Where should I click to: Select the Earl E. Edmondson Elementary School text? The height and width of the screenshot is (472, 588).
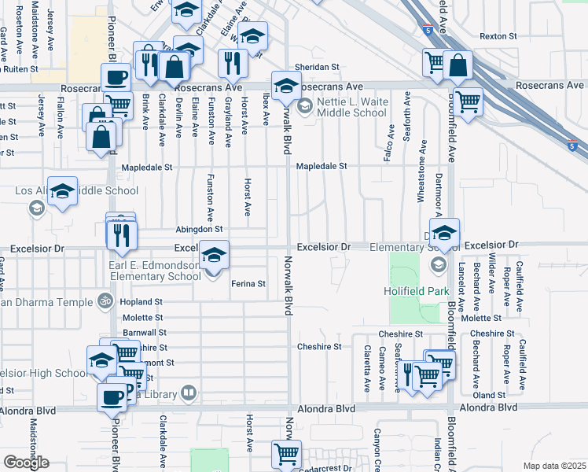[155, 271]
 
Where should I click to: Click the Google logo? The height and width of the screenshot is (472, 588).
[25, 463]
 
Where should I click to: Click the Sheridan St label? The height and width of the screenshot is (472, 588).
[317, 68]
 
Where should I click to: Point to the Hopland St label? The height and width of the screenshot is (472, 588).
[141, 301]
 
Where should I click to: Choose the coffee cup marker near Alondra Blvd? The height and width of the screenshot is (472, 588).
[112, 396]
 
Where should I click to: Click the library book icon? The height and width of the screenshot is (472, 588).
[188, 392]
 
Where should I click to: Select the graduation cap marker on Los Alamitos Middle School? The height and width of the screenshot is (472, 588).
[62, 191]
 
